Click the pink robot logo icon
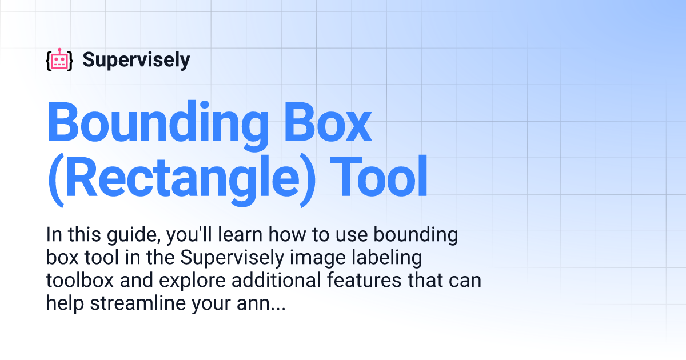[59, 59]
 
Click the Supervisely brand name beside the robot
[136, 60]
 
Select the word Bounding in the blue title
[158, 126]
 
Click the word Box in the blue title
[328, 122]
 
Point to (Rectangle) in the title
[182, 181]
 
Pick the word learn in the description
[240, 234]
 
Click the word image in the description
[317, 258]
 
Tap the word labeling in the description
[386, 258]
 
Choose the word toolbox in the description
[79, 281]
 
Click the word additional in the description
[276, 281]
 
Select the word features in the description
[364, 281]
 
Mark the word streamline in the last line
[138, 303]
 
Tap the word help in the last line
[65, 303]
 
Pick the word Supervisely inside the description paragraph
[232, 258]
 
